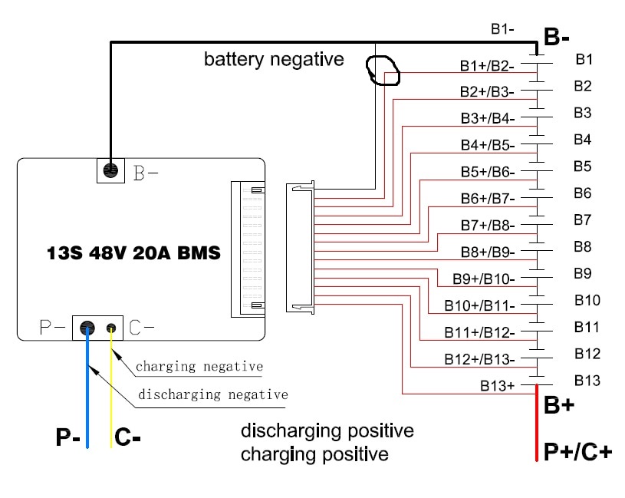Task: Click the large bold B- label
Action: point(557,37)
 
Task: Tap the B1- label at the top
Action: point(502,28)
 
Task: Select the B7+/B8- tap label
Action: point(488,226)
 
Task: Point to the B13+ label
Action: point(497,385)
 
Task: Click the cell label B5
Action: point(582,167)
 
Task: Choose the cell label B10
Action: point(587,300)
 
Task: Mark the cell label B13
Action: point(587,381)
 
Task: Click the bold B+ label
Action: point(559,404)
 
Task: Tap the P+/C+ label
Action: point(577,452)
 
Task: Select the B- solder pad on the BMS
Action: point(110,170)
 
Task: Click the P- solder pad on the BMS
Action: point(87,328)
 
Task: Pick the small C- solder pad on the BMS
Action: point(111,328)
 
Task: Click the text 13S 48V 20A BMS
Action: point(133,252)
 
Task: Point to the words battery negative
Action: point(274,59)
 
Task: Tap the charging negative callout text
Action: point(199,366)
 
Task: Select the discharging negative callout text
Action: point(213,394)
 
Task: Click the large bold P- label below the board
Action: point(67,437)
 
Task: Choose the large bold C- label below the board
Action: point(127,437)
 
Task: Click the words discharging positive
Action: point(327,431)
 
